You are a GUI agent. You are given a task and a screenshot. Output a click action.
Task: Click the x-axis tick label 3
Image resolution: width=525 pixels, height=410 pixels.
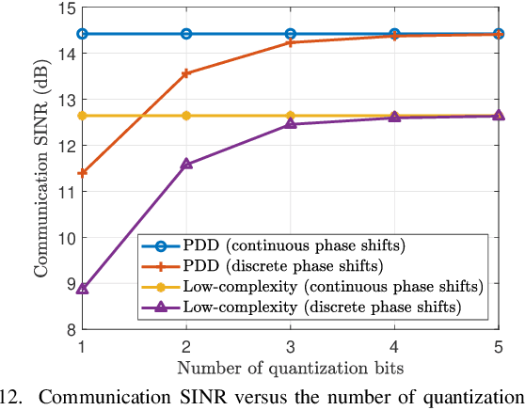point(290,346)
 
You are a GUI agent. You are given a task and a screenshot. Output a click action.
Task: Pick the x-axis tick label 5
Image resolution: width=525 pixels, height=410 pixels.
point(497,346)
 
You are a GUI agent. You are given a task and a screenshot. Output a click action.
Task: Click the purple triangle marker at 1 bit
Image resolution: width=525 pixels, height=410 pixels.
point(83,289)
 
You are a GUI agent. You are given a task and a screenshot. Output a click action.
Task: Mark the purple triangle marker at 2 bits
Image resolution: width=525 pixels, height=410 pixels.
point(186,164)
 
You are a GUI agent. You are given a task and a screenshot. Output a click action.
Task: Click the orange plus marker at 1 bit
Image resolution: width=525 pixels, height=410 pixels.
point(83,173)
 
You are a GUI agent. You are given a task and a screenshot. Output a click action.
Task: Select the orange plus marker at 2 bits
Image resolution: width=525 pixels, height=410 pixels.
point(186,73)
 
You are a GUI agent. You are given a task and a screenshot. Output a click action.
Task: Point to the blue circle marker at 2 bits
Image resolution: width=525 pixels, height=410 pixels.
point(186,34)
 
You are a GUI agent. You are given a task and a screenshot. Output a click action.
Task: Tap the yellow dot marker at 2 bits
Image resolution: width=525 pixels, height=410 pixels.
point(186,116)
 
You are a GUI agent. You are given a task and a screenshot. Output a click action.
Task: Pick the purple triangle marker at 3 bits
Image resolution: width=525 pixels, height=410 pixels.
point(290,124)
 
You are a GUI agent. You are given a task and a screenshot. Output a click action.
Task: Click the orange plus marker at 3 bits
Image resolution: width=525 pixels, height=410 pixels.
point(290,42)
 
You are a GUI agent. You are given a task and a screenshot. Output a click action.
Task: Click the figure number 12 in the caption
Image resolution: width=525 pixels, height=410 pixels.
point(8,396)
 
